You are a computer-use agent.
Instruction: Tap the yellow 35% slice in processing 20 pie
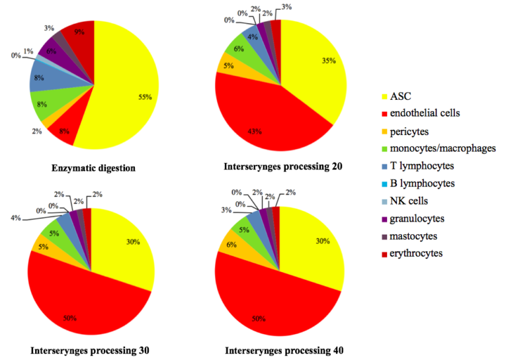[317, 73]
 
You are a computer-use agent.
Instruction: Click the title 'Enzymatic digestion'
[93, 168]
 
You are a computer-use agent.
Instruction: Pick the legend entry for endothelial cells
[423, 113]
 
